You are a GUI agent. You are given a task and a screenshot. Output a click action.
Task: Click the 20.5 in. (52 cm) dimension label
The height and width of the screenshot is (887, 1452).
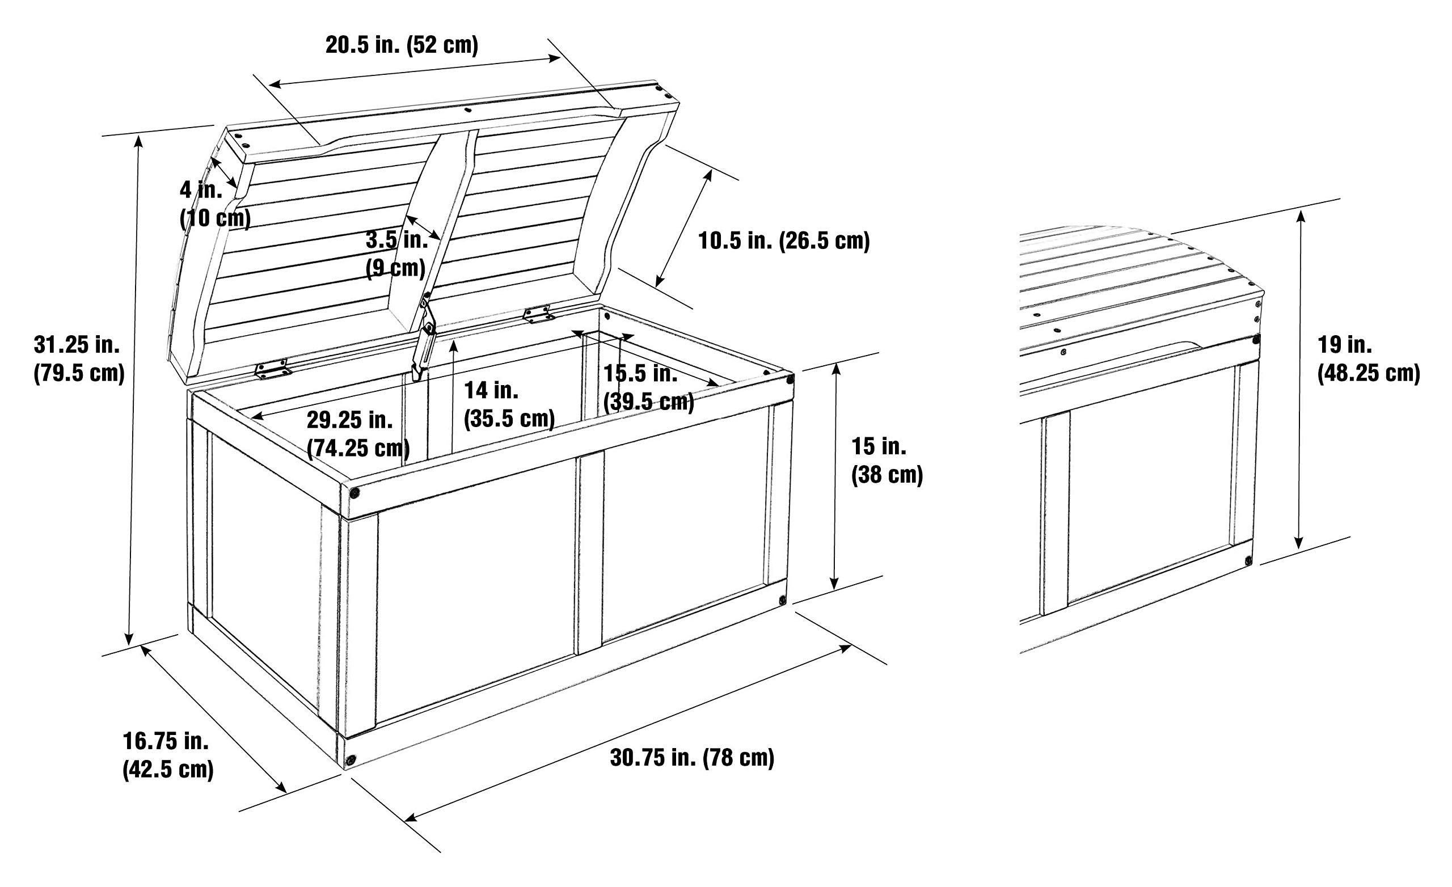[x=402, y=45]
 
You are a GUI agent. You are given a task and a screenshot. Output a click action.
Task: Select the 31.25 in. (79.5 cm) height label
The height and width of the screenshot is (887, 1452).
[x=79, y=358]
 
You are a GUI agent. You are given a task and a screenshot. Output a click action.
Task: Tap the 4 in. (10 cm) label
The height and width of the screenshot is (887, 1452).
[x=215, y=204]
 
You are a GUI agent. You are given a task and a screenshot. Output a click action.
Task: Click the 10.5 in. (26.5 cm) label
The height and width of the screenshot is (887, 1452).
[x=784, y=241]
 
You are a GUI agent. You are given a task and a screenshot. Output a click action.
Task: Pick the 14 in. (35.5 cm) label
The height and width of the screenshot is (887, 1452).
[x=509, y=404]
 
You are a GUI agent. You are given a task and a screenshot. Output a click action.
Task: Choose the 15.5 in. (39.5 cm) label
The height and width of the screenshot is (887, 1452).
[x=649, y=387]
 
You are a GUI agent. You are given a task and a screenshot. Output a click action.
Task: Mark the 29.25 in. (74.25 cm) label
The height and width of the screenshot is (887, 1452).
[x=358, y=434]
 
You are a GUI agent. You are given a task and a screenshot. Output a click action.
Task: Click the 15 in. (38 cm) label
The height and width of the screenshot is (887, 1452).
[x=887, y=461]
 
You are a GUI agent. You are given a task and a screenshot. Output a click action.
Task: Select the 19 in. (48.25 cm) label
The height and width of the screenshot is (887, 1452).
[x=1368, y=359]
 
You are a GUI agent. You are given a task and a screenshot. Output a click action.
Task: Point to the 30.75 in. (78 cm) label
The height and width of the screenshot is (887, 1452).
[x=692, y=758]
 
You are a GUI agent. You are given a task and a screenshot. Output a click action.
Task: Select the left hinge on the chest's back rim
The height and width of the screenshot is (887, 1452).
[x=273, y=369]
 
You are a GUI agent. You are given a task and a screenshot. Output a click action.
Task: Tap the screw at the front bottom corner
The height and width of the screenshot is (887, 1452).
[x=351, y=761]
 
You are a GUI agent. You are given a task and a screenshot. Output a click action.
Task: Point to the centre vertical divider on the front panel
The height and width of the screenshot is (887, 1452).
[x=589, y=554]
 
